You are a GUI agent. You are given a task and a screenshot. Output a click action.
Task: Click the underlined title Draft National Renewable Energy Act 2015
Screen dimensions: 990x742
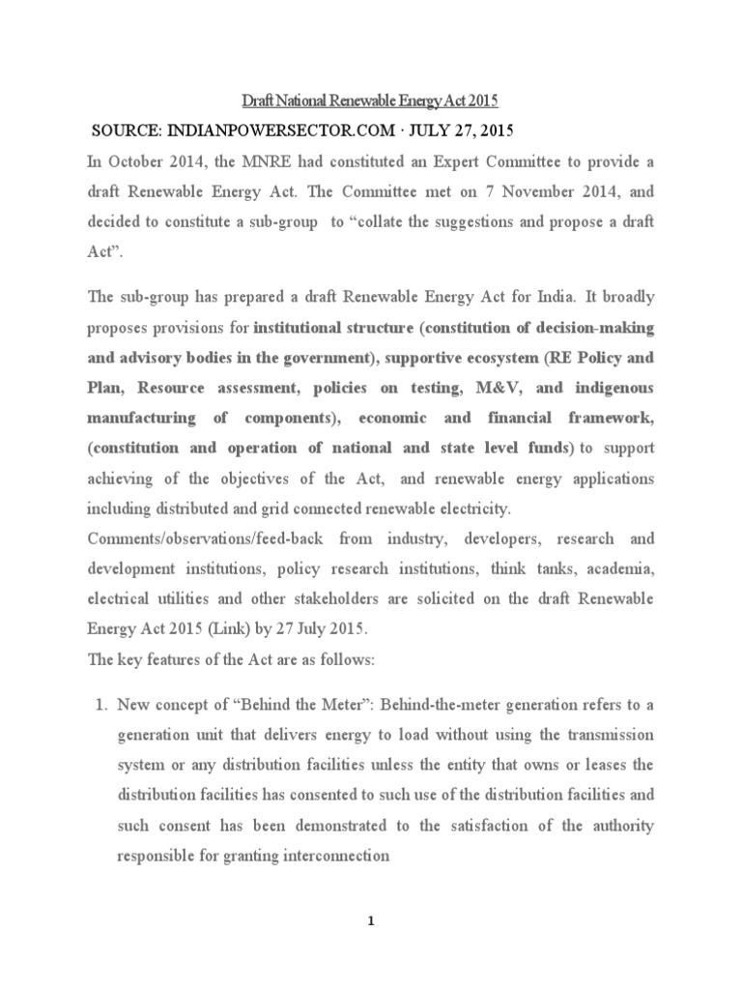click(x=369, y=100)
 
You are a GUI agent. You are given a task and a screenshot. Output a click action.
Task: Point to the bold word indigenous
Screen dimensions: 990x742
click(x=606, y=388)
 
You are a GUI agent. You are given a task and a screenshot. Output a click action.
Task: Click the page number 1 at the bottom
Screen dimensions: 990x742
click(x=370, y=920)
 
